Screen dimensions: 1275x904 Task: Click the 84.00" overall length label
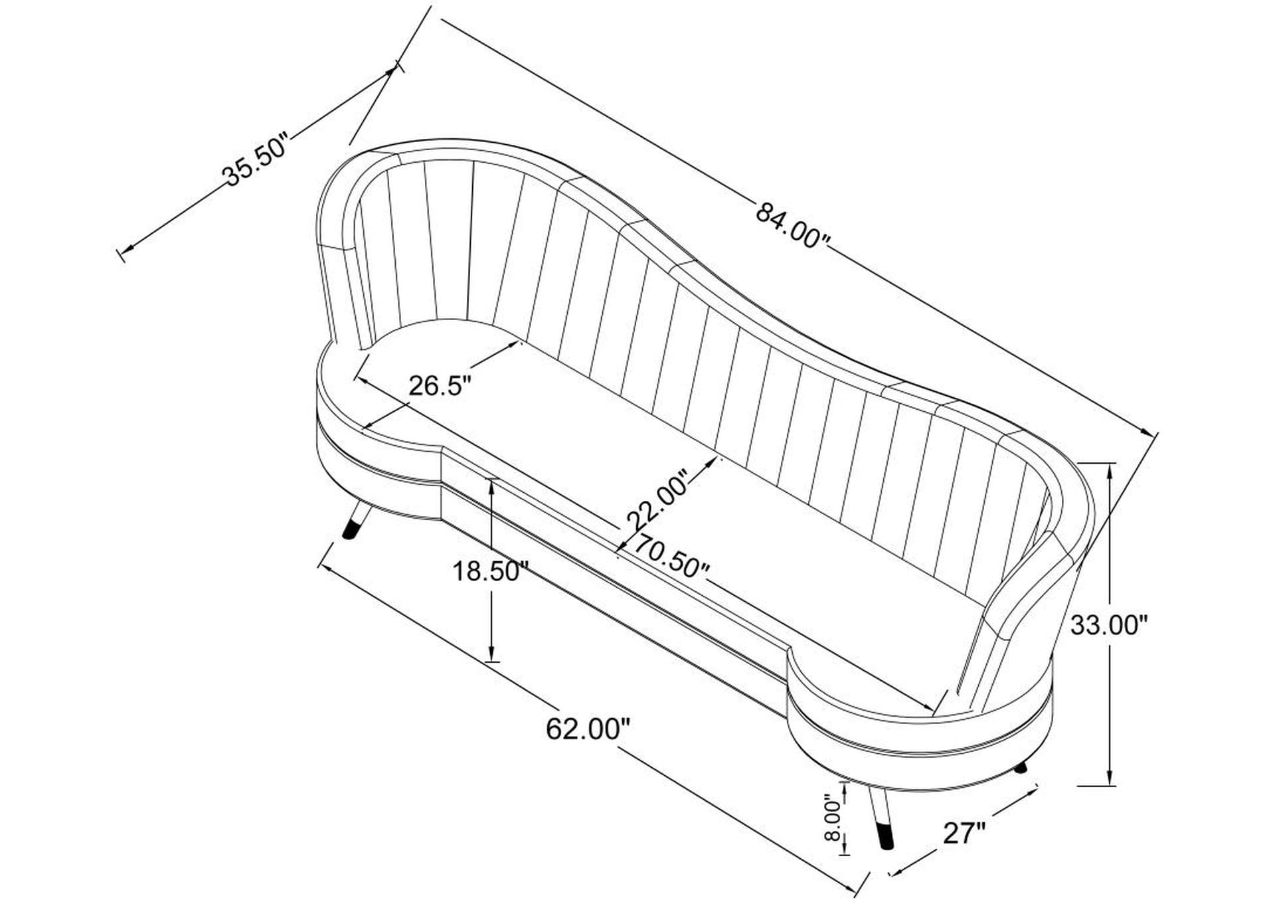[x=793, y=226]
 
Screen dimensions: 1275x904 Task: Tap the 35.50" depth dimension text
[x=256, y=161]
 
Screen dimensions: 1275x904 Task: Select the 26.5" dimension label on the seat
[x=440, y=386]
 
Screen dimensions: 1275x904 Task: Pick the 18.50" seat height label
[x=490, y=571]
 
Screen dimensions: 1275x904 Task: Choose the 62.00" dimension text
[x=588, y=729]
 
